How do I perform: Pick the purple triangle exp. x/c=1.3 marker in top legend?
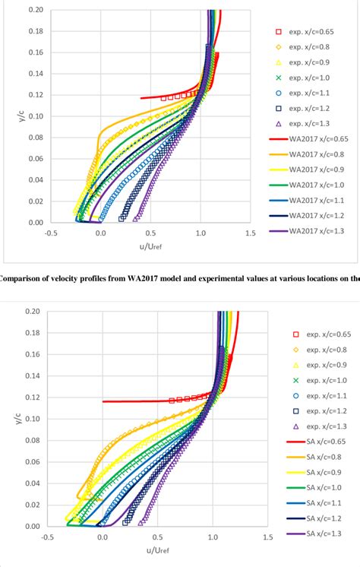279,123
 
